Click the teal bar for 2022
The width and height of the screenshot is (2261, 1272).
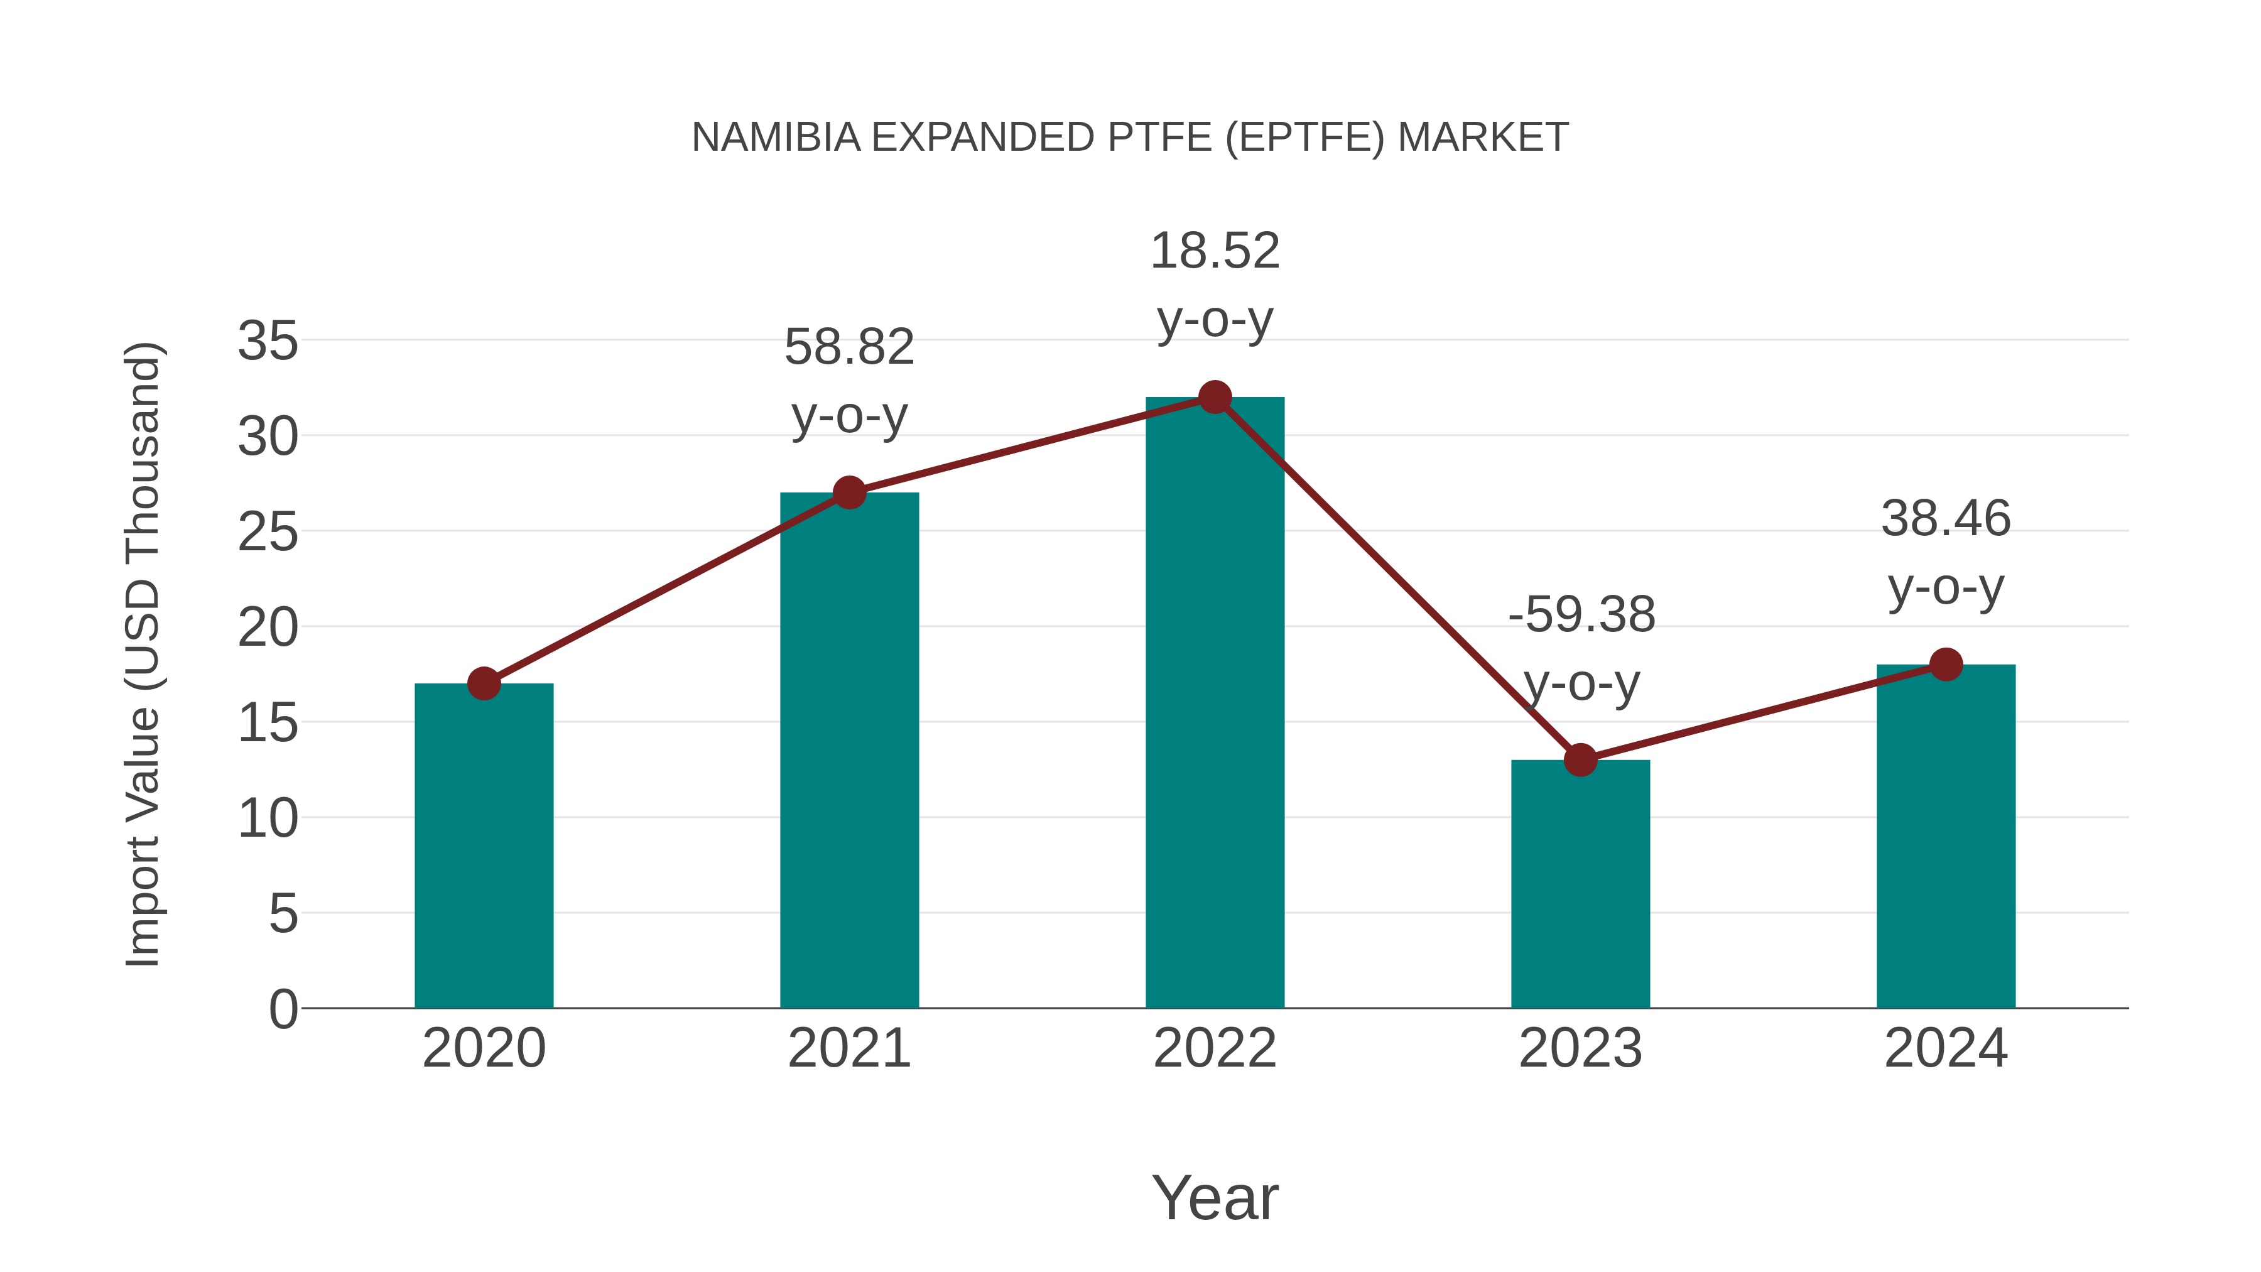(1215, 702)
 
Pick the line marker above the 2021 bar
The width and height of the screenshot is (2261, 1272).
(849, 492)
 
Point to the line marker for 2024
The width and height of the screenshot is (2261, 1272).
(1946, 665)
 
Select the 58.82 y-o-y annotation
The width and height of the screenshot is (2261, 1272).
(849, 381)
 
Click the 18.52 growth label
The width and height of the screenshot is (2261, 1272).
(1215, 285)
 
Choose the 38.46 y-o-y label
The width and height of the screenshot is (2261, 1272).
(1946, 552)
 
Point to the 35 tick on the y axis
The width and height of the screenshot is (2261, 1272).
(268, 340)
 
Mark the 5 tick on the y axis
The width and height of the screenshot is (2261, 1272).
(283, 914)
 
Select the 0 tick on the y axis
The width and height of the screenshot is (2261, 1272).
(283, 1009)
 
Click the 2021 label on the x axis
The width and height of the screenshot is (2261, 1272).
(849, 1048)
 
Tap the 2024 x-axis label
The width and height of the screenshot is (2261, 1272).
(1946, 1048)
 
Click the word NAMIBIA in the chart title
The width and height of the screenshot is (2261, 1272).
(776, 138)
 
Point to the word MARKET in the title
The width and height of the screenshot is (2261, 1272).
(1482, 138)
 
